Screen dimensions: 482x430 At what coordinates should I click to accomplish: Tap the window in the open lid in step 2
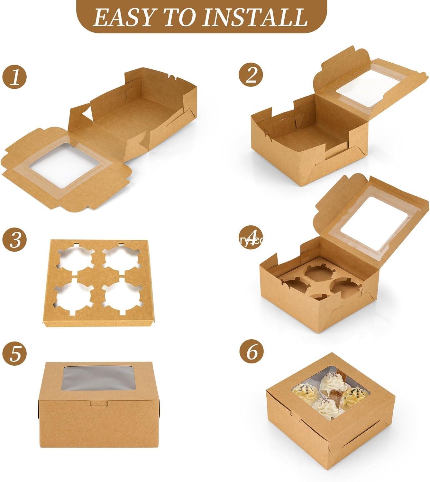[x=364, y=88]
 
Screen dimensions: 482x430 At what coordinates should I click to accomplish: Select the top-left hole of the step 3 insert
[x=76, y=259]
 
